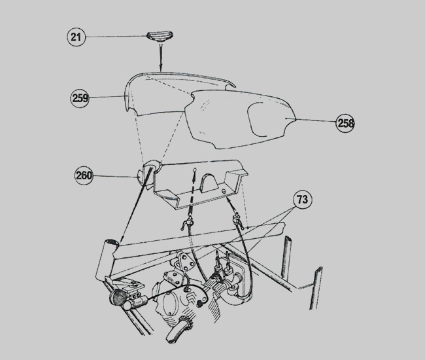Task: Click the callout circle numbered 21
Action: (x=76, y=37)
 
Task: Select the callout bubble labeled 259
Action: (x=80, y=98)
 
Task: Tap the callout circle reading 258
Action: (x=346, y=123)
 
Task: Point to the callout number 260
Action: (x=84, y=175)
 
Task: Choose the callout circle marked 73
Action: (x=303, y=200)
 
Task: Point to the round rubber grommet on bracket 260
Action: (x=152, y=166)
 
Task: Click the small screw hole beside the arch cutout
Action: (x=224, y=190)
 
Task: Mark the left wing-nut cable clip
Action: (x=188, y=223)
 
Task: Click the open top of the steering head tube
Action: (x=112, y=242)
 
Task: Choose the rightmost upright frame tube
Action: (x=316, y=288)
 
